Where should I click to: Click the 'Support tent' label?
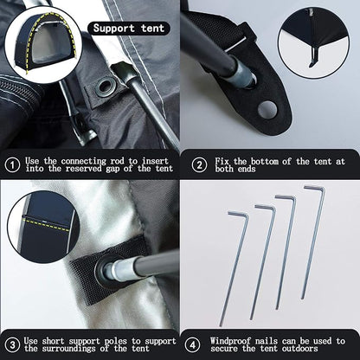(x=128, y=29)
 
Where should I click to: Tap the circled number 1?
(x=12, y=165)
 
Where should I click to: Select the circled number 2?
(x=199, y=165)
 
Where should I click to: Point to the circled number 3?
(x=12, y=345)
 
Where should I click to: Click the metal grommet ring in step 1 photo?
(x=106, y=86)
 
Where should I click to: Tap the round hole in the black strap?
(x=267, y=110)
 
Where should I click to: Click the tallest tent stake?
(x=313, y=242)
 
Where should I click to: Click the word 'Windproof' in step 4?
(x=228, y=341)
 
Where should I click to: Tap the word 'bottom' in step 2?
(x=264, y=161)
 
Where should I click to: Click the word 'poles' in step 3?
(x=115, y=341)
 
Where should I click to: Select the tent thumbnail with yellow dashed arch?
(x=43, y=45)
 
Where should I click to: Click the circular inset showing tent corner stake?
(x=313, y=42)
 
